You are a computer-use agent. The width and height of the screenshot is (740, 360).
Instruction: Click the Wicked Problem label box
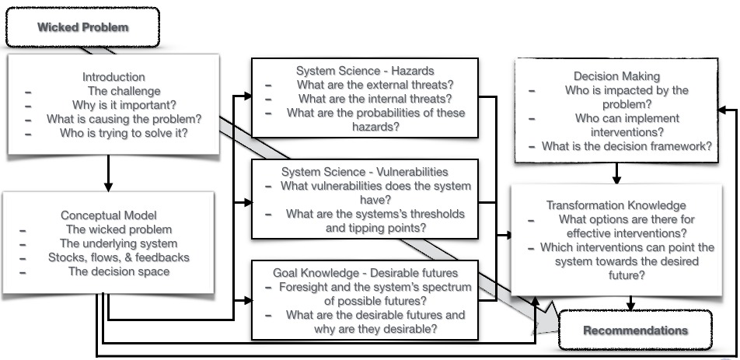coord(82,27)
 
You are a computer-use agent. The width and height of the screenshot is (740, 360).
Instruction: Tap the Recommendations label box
coord(635,330)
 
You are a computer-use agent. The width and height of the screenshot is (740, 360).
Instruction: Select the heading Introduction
coord(113,77)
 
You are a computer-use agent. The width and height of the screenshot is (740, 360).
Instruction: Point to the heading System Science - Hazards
coord(365,70)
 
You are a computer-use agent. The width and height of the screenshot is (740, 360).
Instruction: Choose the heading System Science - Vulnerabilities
coord(365,171)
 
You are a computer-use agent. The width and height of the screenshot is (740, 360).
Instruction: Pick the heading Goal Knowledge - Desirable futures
coord(365,273)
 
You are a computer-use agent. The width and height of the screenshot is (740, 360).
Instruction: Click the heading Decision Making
coord(616,76)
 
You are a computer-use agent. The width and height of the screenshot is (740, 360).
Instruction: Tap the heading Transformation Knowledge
coord(616,205)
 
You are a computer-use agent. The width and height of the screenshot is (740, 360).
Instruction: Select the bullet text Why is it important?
coord(113,105)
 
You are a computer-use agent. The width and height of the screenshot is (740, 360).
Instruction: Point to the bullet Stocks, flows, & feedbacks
coord(119,257)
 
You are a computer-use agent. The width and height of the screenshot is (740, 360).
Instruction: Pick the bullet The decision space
coord(119,271)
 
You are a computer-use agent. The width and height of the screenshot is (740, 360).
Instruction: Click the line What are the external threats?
coord(375,84)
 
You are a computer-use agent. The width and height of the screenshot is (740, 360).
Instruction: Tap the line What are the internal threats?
coord(375,98)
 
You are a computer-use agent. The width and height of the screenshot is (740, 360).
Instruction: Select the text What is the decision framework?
coord(627,146)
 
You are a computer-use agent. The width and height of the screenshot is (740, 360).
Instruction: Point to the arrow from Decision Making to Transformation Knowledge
coord(616,173)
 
